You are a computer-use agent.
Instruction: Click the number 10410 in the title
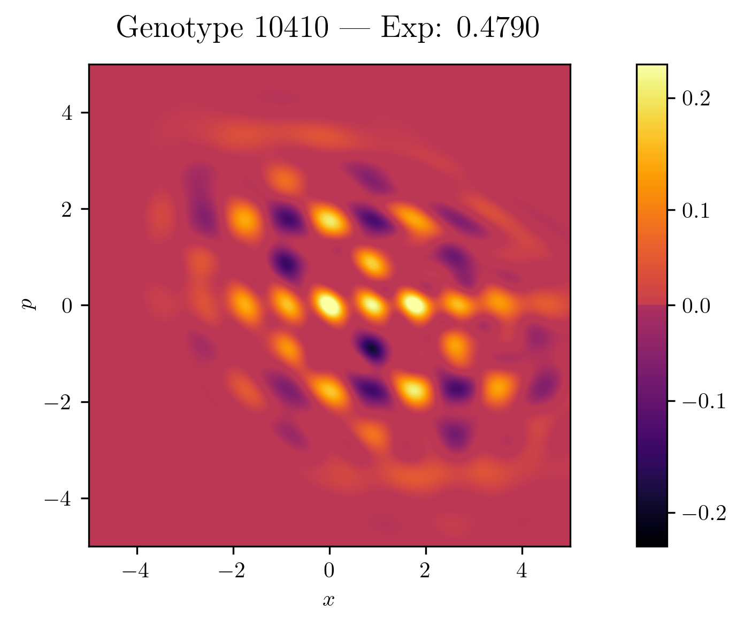[x=291, y=28]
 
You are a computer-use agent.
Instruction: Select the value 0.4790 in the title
[x=497, y=28]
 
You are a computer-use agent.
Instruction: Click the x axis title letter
[x=328, y=600]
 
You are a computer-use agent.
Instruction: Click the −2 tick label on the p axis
[x=60, y=402]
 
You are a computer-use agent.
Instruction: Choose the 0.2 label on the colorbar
[x=696, y=99]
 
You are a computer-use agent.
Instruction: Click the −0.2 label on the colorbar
[x=703, y=513]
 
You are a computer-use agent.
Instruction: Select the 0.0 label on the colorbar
[x=696, y=306]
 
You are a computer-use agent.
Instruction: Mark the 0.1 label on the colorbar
[x=696, y=211]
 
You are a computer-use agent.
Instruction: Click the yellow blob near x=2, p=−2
[x=415, y=389]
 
